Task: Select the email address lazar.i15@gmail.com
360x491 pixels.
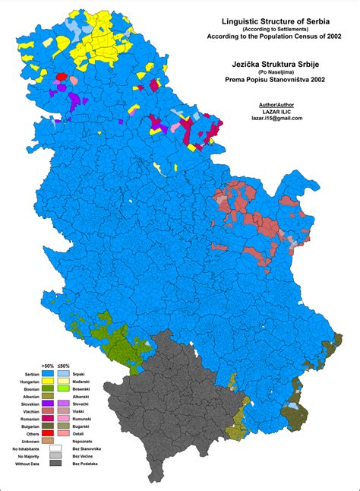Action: pos(271,119)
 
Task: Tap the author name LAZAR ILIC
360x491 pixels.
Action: pos(271,110)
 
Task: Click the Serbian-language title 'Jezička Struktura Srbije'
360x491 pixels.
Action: pos(271,66)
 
